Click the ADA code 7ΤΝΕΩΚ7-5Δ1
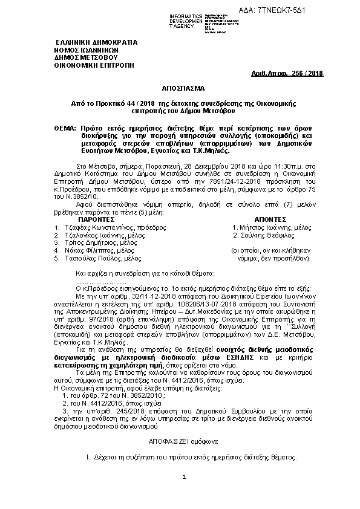click(x=318, y=11)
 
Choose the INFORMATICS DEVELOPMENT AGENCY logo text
click(x=169, y=21)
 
